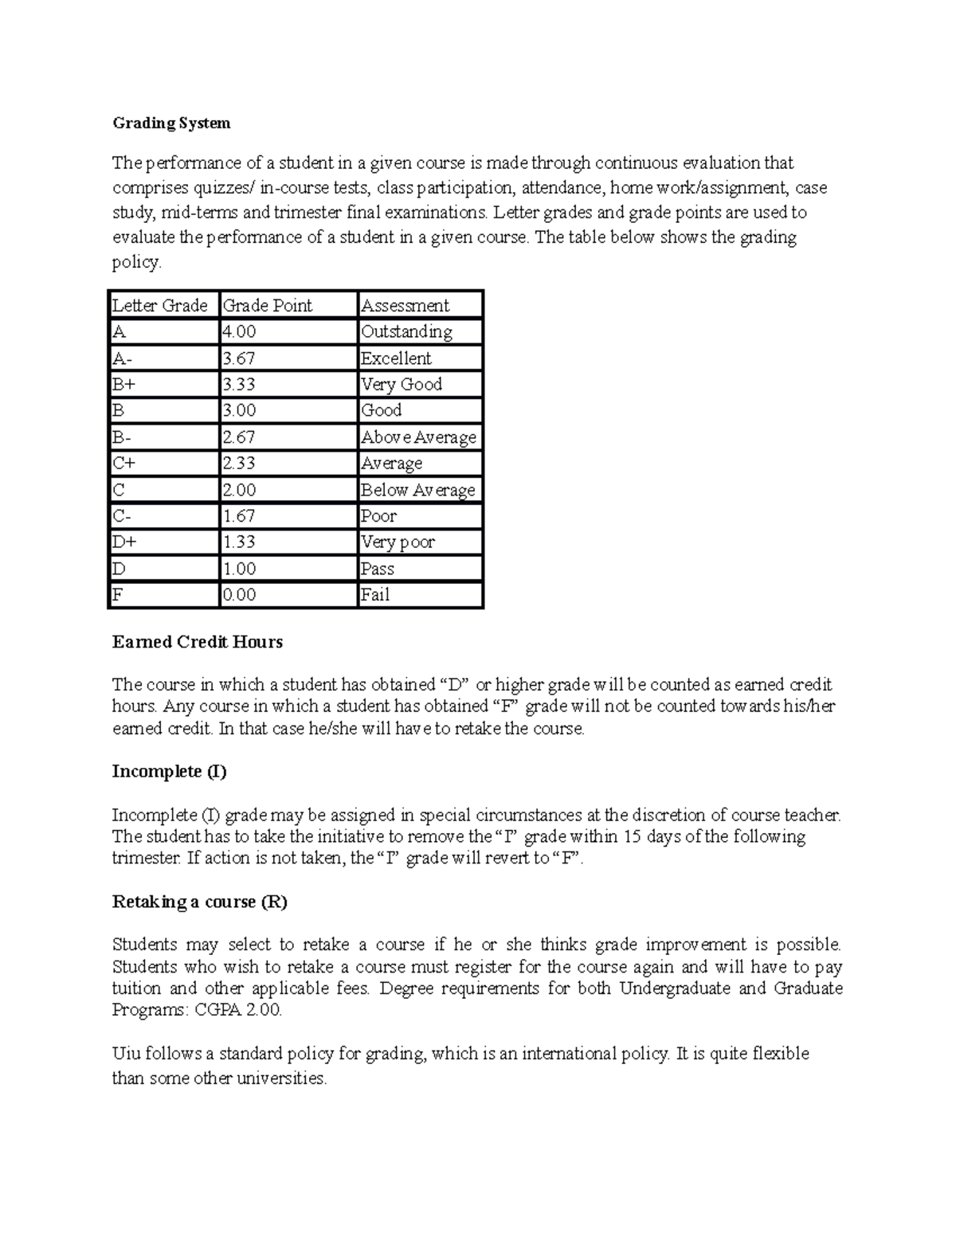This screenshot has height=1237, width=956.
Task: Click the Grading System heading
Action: [x=171, y=123]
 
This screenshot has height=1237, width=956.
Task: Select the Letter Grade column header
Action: [x=160, y=306]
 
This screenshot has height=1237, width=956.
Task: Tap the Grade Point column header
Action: [x=268, y=306]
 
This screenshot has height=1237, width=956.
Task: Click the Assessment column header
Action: [x=405, y=306]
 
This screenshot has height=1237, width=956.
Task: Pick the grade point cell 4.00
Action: [x=240, y=332]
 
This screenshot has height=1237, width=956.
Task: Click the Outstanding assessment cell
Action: [x=406, y=332]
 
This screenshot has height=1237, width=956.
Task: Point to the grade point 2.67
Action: [x=240, y=437]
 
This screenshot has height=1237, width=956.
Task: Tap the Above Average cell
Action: [x=418, y=437]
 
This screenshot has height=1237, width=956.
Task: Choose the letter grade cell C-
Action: [x=122, y=516]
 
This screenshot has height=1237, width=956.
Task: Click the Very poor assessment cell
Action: [x=398, y=542]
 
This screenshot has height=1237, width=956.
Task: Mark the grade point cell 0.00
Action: [x=240, y=595]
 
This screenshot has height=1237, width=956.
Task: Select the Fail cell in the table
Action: [x=375, y=595]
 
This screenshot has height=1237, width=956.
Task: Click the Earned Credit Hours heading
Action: [x=198, y=642]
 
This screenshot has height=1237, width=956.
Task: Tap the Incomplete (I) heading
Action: [x=169, y=771]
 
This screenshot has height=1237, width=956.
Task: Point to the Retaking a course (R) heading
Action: [x=199, y=902]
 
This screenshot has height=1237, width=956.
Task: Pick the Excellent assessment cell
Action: [x=396, y=358]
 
